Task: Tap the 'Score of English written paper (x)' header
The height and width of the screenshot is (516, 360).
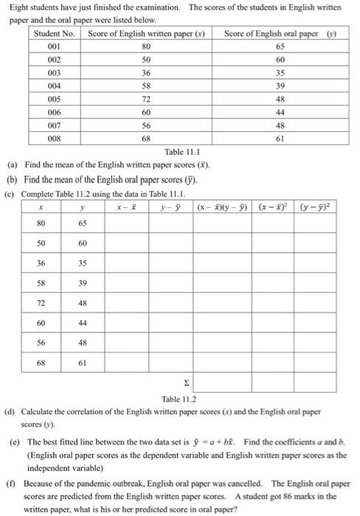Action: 146,34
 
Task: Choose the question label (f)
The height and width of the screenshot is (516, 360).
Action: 13,484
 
